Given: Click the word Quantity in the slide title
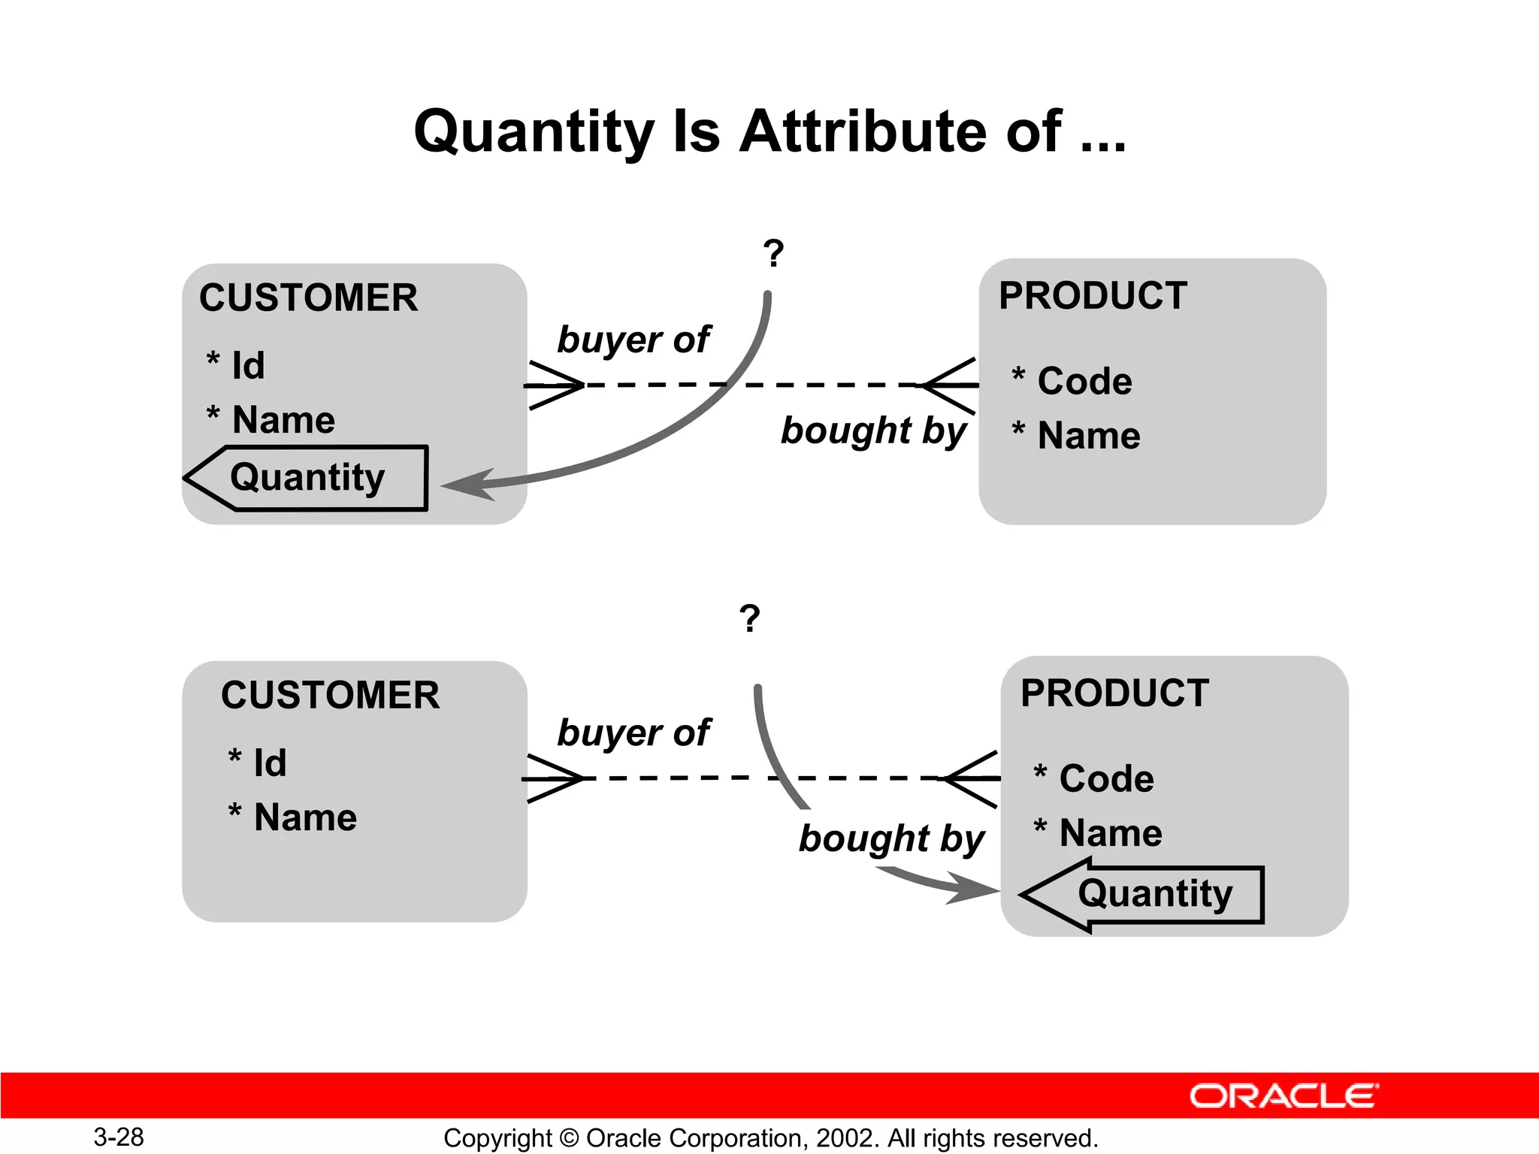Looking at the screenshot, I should click(534, 132).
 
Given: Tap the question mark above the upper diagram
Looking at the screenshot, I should click(773, 254).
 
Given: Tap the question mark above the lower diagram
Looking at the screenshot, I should click(749, 618).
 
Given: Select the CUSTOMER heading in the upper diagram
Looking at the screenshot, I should click(308, 298).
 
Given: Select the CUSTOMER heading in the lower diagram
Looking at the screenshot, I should click(330, 695).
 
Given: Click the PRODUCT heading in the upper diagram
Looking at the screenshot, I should click(1093, 295).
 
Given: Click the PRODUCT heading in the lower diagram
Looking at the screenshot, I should click(1114, 693).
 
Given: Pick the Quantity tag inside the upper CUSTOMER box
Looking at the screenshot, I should click(307, 478).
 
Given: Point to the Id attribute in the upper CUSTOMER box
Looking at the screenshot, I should click(246, 366).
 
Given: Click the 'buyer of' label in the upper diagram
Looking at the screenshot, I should click(633, 340).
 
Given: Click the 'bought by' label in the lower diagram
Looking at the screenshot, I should click(891, 838).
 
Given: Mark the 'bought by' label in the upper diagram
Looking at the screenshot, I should click(873, 431).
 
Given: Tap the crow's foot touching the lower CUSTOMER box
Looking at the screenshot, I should click(554, 778).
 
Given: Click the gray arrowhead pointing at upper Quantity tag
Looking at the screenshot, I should click(470, 484).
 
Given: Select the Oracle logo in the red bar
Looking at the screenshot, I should click(1284, 1096).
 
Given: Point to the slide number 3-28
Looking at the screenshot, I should click(119, 1137).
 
